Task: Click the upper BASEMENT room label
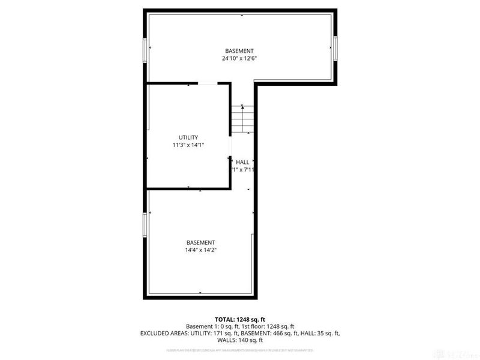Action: point(239,51)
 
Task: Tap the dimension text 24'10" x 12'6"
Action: point(239,59)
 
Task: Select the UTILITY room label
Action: point(188,137)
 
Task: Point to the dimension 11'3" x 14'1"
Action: point(188,145)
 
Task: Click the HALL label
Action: point(242,162)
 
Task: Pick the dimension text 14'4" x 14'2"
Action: point(201,250)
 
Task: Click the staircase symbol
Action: point(242,119)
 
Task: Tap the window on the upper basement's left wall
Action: point(145,49)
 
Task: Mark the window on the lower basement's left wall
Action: point(145,224)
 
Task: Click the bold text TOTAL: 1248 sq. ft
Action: point(239,319)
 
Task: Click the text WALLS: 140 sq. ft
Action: point(240,340)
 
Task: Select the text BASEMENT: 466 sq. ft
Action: point(275,332)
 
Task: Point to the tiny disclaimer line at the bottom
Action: point(239,350)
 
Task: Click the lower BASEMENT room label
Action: point(201,242)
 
